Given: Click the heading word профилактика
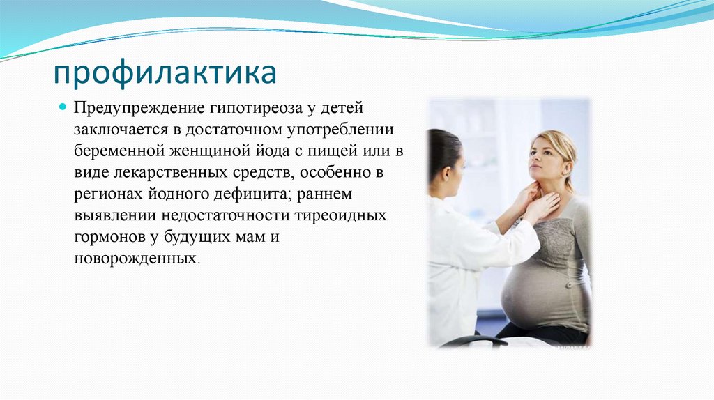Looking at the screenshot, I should [x=166, y=73].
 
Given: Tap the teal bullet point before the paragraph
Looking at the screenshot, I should [x=61, y=109].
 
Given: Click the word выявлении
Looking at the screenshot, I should [x=113, y=215].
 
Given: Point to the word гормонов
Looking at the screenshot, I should [x=109, y=237].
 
